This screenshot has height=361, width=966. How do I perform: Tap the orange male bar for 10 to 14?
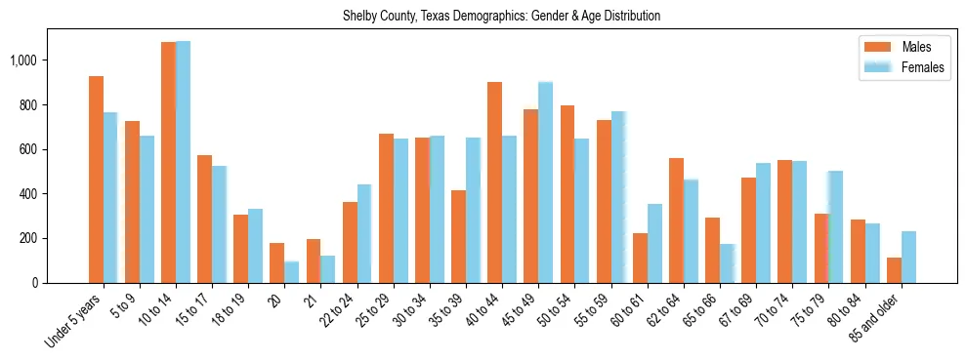168,162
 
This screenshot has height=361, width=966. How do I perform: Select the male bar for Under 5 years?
96,180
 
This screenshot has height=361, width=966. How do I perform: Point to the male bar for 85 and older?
894,270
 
